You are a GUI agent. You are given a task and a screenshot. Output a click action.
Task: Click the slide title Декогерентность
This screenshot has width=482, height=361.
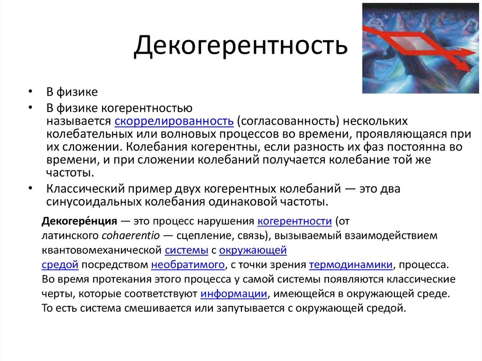coord(241,45)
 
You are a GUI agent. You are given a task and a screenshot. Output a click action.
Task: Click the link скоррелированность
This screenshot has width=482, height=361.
coord(174,121)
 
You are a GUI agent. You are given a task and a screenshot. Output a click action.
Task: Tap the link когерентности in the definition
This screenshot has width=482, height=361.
coord(295,221)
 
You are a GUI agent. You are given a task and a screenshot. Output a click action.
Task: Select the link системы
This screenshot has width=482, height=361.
coord(186,250)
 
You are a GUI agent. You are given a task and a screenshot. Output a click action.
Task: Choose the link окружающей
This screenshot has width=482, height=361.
coord(253,250)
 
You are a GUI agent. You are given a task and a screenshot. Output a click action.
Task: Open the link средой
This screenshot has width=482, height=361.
coord(60,265)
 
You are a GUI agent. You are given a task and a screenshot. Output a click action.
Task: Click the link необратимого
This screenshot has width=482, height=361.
coord(188,265)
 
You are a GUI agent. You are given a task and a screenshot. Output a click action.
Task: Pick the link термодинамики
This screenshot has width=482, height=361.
coord(351,265)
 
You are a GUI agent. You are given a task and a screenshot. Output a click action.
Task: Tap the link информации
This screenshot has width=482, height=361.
coord(233,294)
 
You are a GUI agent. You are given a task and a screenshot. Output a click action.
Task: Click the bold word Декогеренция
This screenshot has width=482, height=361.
coord(79,221)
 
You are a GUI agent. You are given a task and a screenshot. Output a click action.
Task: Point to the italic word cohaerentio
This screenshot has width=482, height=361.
coord(131,235)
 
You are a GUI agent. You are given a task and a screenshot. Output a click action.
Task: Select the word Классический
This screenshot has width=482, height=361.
coord(85,189)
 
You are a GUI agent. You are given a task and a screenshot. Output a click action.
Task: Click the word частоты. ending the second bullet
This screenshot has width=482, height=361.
coord(70,173)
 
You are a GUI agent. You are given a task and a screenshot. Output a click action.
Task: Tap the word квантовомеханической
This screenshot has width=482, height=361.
coord(102,250)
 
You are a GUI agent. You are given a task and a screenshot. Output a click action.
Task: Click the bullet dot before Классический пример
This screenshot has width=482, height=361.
coord(30,188)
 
